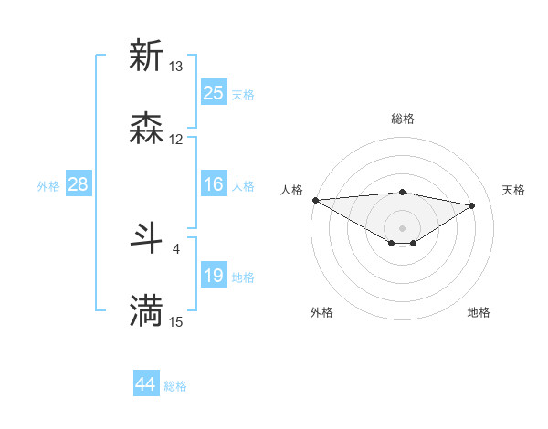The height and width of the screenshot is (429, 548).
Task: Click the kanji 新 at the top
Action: point(146,56)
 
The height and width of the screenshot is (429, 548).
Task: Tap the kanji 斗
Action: point(146,238)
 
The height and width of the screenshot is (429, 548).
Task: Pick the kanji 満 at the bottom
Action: point(146,311)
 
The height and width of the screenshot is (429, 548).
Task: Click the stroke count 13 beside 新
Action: point(176,67)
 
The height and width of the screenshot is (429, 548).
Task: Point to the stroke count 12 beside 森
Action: point(176,140)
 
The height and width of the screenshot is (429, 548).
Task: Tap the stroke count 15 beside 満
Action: point(176,321)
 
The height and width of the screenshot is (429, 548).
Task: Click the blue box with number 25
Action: point(214,93)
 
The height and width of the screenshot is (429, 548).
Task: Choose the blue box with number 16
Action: point(214,184)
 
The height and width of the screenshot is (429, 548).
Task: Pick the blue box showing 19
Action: point(214,276)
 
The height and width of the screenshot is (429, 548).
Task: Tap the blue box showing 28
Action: point(79,184)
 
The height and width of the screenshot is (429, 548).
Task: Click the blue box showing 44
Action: point(146,385)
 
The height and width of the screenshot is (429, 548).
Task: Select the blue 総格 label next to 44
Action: point(175,386)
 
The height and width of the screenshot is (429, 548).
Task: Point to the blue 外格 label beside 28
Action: point(48,185)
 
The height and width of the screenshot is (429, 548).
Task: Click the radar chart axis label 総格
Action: point(402,119)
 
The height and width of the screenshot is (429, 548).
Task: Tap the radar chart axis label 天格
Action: point(513,190)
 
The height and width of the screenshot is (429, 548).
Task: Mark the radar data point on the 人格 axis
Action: point(315,200)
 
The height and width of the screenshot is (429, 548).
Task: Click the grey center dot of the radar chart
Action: point(402,227)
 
